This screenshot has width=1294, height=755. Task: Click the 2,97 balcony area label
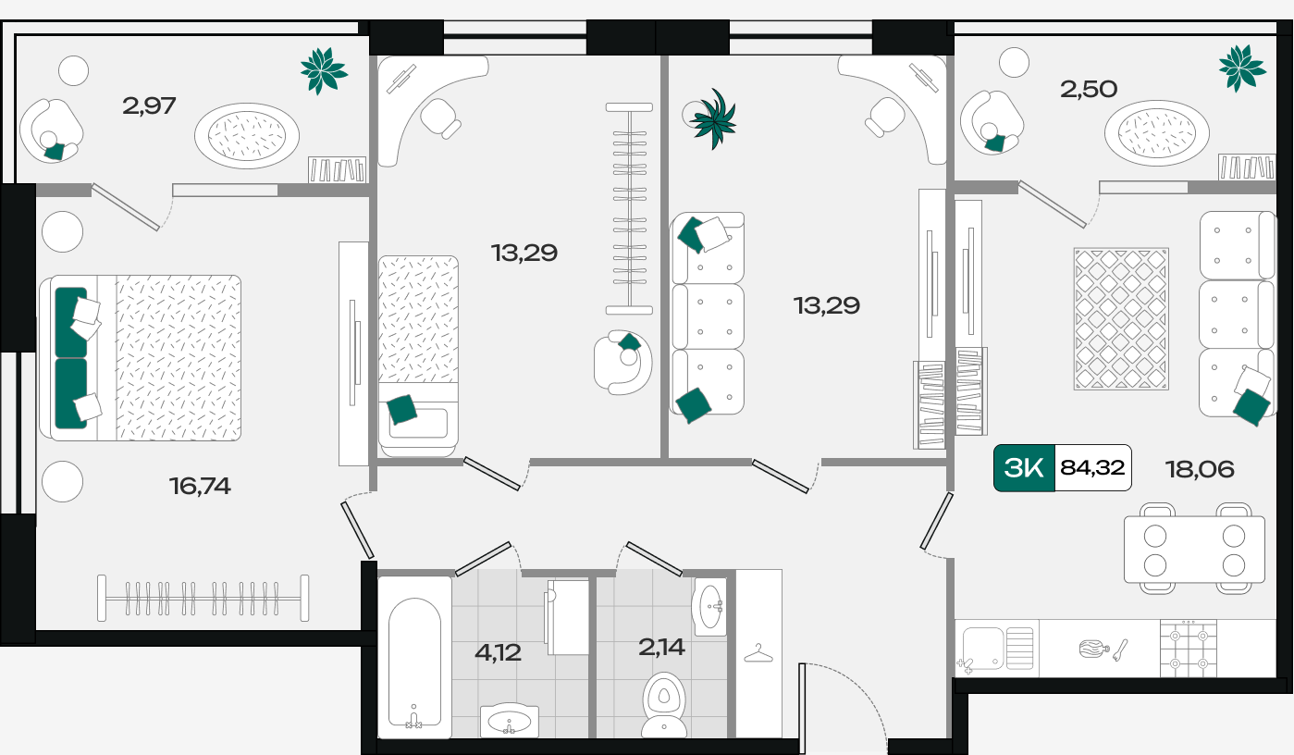[149, 105]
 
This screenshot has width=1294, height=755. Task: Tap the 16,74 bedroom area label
[200, 486]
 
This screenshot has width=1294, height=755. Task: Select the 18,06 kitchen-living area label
[1200, 469]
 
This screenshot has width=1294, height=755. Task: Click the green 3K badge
[1024, 468]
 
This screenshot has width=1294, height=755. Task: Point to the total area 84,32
[1092, 467]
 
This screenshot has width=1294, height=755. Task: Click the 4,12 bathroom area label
[498, 652]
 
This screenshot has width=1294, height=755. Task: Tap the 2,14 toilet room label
[662, 647]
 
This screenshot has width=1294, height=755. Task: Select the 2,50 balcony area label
[1089, 90]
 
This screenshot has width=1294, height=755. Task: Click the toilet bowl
[664, 705]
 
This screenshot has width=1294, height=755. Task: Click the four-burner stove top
[1189, 648]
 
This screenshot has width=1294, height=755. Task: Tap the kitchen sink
[997, 648]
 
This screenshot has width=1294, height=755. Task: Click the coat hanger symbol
[758, 653]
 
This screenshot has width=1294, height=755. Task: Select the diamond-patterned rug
[1121, 319]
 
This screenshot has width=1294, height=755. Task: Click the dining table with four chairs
[1194, 549]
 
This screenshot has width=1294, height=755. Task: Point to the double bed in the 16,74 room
[141, 358]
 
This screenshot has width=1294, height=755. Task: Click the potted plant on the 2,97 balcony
[324, 70]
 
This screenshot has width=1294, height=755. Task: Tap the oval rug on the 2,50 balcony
[1156, 133]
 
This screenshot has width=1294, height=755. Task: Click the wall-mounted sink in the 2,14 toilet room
[709, 607]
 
